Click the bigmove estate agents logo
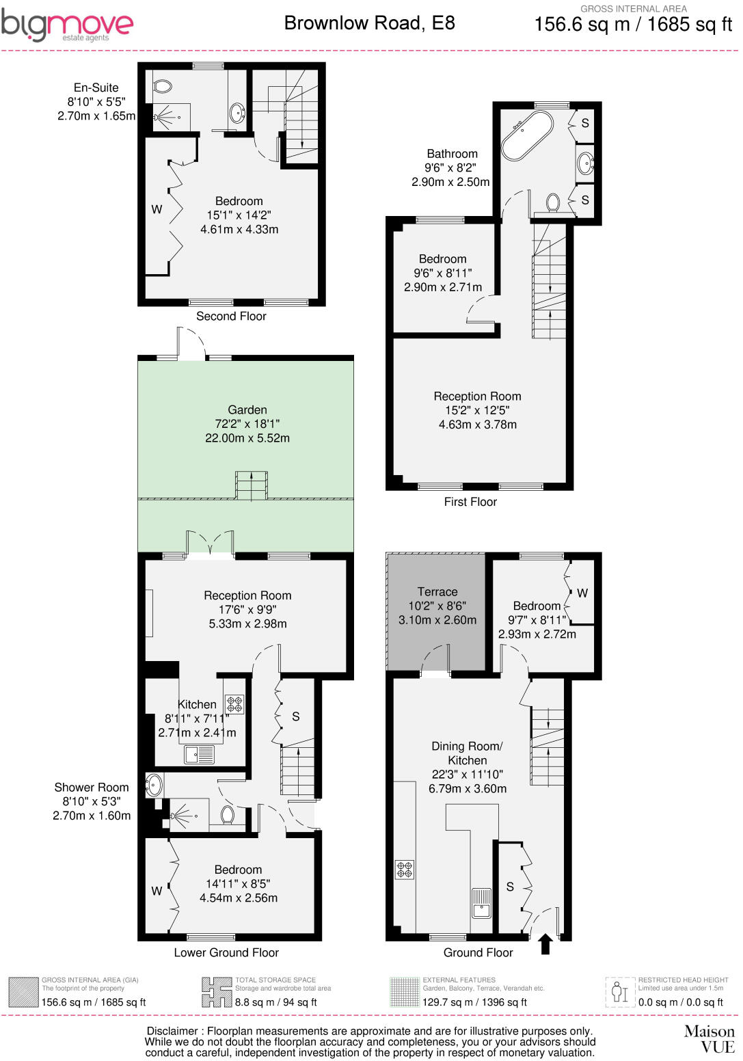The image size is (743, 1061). [66, 26]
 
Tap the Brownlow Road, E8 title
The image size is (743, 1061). [369, 23]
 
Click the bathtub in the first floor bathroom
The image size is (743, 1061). [527, 135]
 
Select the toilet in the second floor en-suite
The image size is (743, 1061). [163, 87]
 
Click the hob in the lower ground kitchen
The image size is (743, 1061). [234, 704]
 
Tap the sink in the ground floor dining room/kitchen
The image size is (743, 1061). [482, 902]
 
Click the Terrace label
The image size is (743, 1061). [437, 592]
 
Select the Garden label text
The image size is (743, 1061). [247, 410]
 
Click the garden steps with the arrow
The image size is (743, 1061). [252, 485]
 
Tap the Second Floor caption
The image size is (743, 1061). [231, 316]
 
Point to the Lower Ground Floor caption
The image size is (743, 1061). [226, 952]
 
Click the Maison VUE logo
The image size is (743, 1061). [709, 1038]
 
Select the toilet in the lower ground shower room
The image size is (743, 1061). [228, 814]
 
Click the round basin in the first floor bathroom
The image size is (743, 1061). [585, 163]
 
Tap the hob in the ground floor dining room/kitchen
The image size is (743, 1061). [405, 870]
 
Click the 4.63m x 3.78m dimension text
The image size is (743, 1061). [477, 425]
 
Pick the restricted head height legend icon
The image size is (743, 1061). [619, 991]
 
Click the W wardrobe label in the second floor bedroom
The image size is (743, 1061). [157, 209]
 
